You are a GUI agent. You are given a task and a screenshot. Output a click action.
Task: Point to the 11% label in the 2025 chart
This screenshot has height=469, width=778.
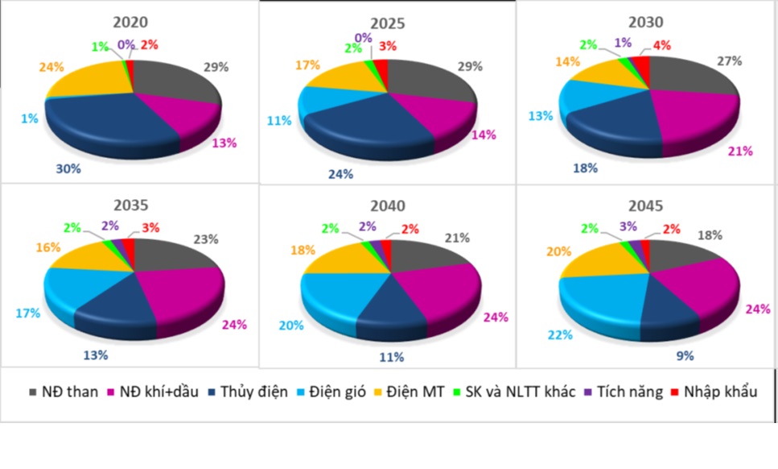pyautogui.click(x=278, y=122)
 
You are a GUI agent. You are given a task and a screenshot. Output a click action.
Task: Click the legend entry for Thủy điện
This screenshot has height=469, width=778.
pyautogui.click(x=249, y=392)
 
